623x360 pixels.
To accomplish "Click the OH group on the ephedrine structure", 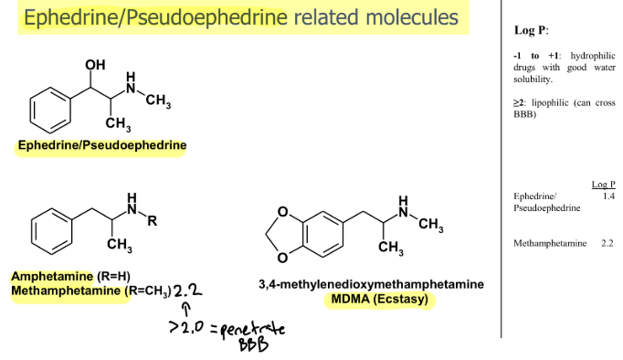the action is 95,65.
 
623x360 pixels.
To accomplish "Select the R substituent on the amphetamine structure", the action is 153,221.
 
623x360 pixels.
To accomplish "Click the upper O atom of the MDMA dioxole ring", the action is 282,212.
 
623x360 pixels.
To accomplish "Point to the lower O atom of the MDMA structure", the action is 282,258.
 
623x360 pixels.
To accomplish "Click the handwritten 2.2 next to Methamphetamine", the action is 187,291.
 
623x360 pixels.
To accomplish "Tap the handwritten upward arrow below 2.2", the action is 186,310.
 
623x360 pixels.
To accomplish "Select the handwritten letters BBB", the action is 253,344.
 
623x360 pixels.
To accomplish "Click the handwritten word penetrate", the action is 253,330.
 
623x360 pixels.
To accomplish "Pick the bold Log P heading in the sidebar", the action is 531,30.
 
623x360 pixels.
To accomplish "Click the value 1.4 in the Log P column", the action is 608,196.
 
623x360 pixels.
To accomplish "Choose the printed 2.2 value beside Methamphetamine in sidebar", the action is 607,243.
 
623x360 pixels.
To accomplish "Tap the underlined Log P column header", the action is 603,185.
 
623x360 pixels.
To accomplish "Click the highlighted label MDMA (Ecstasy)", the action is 379,299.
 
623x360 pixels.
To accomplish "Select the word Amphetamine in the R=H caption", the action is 52,276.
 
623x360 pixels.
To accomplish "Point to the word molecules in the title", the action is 412,17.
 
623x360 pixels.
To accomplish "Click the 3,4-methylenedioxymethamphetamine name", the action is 371,284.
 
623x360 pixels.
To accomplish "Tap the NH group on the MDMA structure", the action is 403,206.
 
